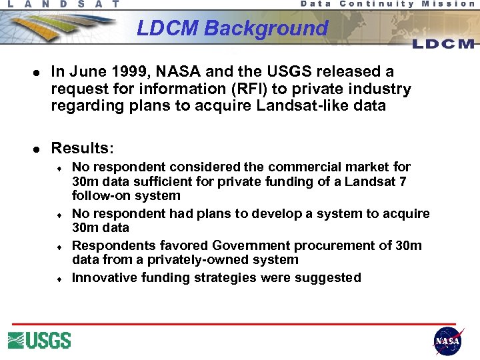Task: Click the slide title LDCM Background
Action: click(x=232, y=29)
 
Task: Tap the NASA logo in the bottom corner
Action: click(x=447, y=341)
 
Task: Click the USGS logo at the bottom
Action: click(x=39, y=340)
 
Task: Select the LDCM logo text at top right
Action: click(x=443, y=44)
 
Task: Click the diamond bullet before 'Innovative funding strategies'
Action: click(x=59, y=279)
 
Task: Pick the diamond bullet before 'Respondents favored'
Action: click(x=59, y=247)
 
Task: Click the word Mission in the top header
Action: click(x=448, y=4)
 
